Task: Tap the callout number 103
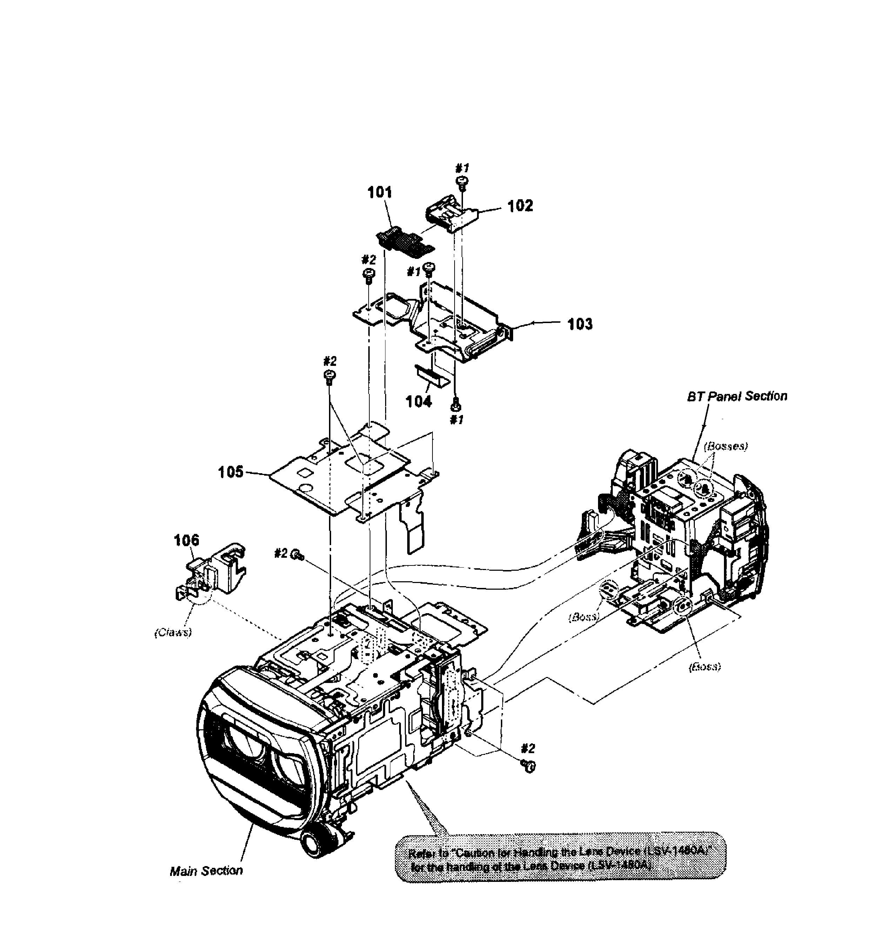[580, 324]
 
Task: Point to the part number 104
[418, 401]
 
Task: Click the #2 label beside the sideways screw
[281, 553]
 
